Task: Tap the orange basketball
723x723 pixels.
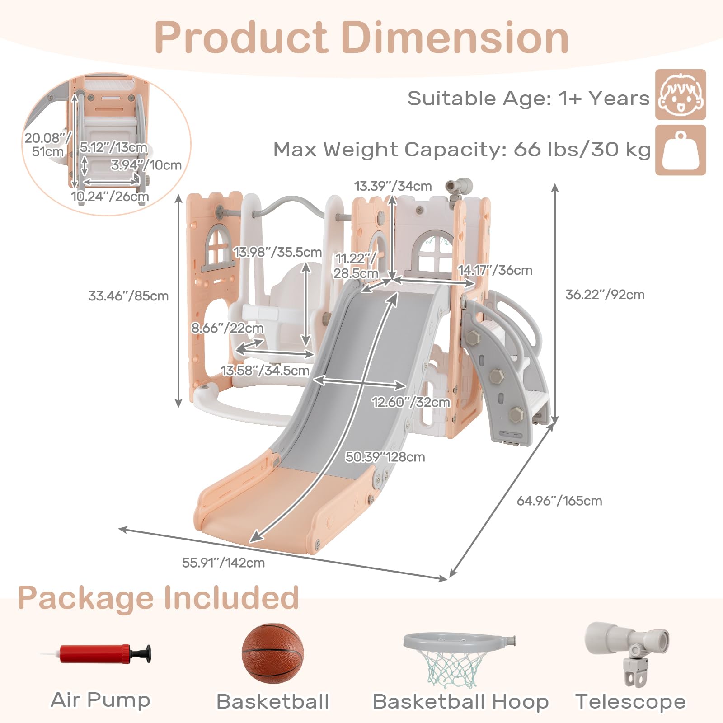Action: [272, 654]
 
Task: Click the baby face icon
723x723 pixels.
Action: [681, 94]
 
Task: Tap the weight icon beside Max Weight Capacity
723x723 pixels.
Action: [681, 150]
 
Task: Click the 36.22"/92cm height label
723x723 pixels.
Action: [605, 295]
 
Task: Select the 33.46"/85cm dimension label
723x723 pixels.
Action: [128, 296]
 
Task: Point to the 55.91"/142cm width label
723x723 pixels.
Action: [223, 563]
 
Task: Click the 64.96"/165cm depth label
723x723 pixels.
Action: [559, 501]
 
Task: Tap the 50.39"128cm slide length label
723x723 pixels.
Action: [385, 457]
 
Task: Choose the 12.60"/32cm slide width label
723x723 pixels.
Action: [411, 402]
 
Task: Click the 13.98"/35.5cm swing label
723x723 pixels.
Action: [278, 252]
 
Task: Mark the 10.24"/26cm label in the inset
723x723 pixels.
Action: [110, 197]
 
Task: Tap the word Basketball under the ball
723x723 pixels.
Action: [272, 702]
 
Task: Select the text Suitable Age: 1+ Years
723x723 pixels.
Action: [528, 98]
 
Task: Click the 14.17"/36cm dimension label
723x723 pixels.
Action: [495, 270]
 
